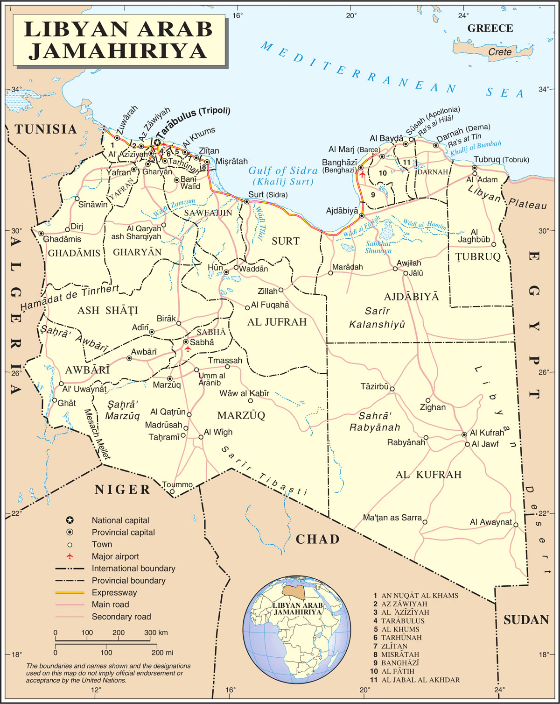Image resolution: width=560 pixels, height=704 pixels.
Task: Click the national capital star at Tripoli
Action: point(158,142)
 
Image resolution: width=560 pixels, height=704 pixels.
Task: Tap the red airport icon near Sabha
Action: point(188,348)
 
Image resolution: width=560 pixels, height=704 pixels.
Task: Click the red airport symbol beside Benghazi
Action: point(363,174)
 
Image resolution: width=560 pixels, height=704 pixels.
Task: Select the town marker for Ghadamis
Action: point(41,234)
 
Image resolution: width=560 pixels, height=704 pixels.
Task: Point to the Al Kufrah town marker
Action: point(464,434)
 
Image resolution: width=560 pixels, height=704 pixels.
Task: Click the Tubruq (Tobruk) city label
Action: point(501,160)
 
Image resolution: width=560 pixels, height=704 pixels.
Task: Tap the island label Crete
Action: point(499,52)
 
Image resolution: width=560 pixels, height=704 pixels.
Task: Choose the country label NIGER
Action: point(123,490)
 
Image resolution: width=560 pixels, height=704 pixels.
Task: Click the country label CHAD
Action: point(318,540)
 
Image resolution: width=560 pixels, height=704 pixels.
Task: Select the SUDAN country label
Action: point(526,620)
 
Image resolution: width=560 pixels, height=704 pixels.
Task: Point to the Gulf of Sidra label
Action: point(283,171)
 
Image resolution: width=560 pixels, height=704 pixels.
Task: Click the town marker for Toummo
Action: point(172,491)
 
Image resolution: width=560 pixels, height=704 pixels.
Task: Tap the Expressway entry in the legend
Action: point(114,592)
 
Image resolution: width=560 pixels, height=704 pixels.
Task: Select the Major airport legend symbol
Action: point(70,556)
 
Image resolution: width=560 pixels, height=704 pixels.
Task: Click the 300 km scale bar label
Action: point(156,633)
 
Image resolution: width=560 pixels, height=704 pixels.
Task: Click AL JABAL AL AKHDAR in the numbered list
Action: point(420,680)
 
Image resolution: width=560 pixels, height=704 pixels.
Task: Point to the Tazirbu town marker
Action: point(392,389)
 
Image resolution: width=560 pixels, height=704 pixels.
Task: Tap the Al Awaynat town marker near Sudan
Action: point(516,525)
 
